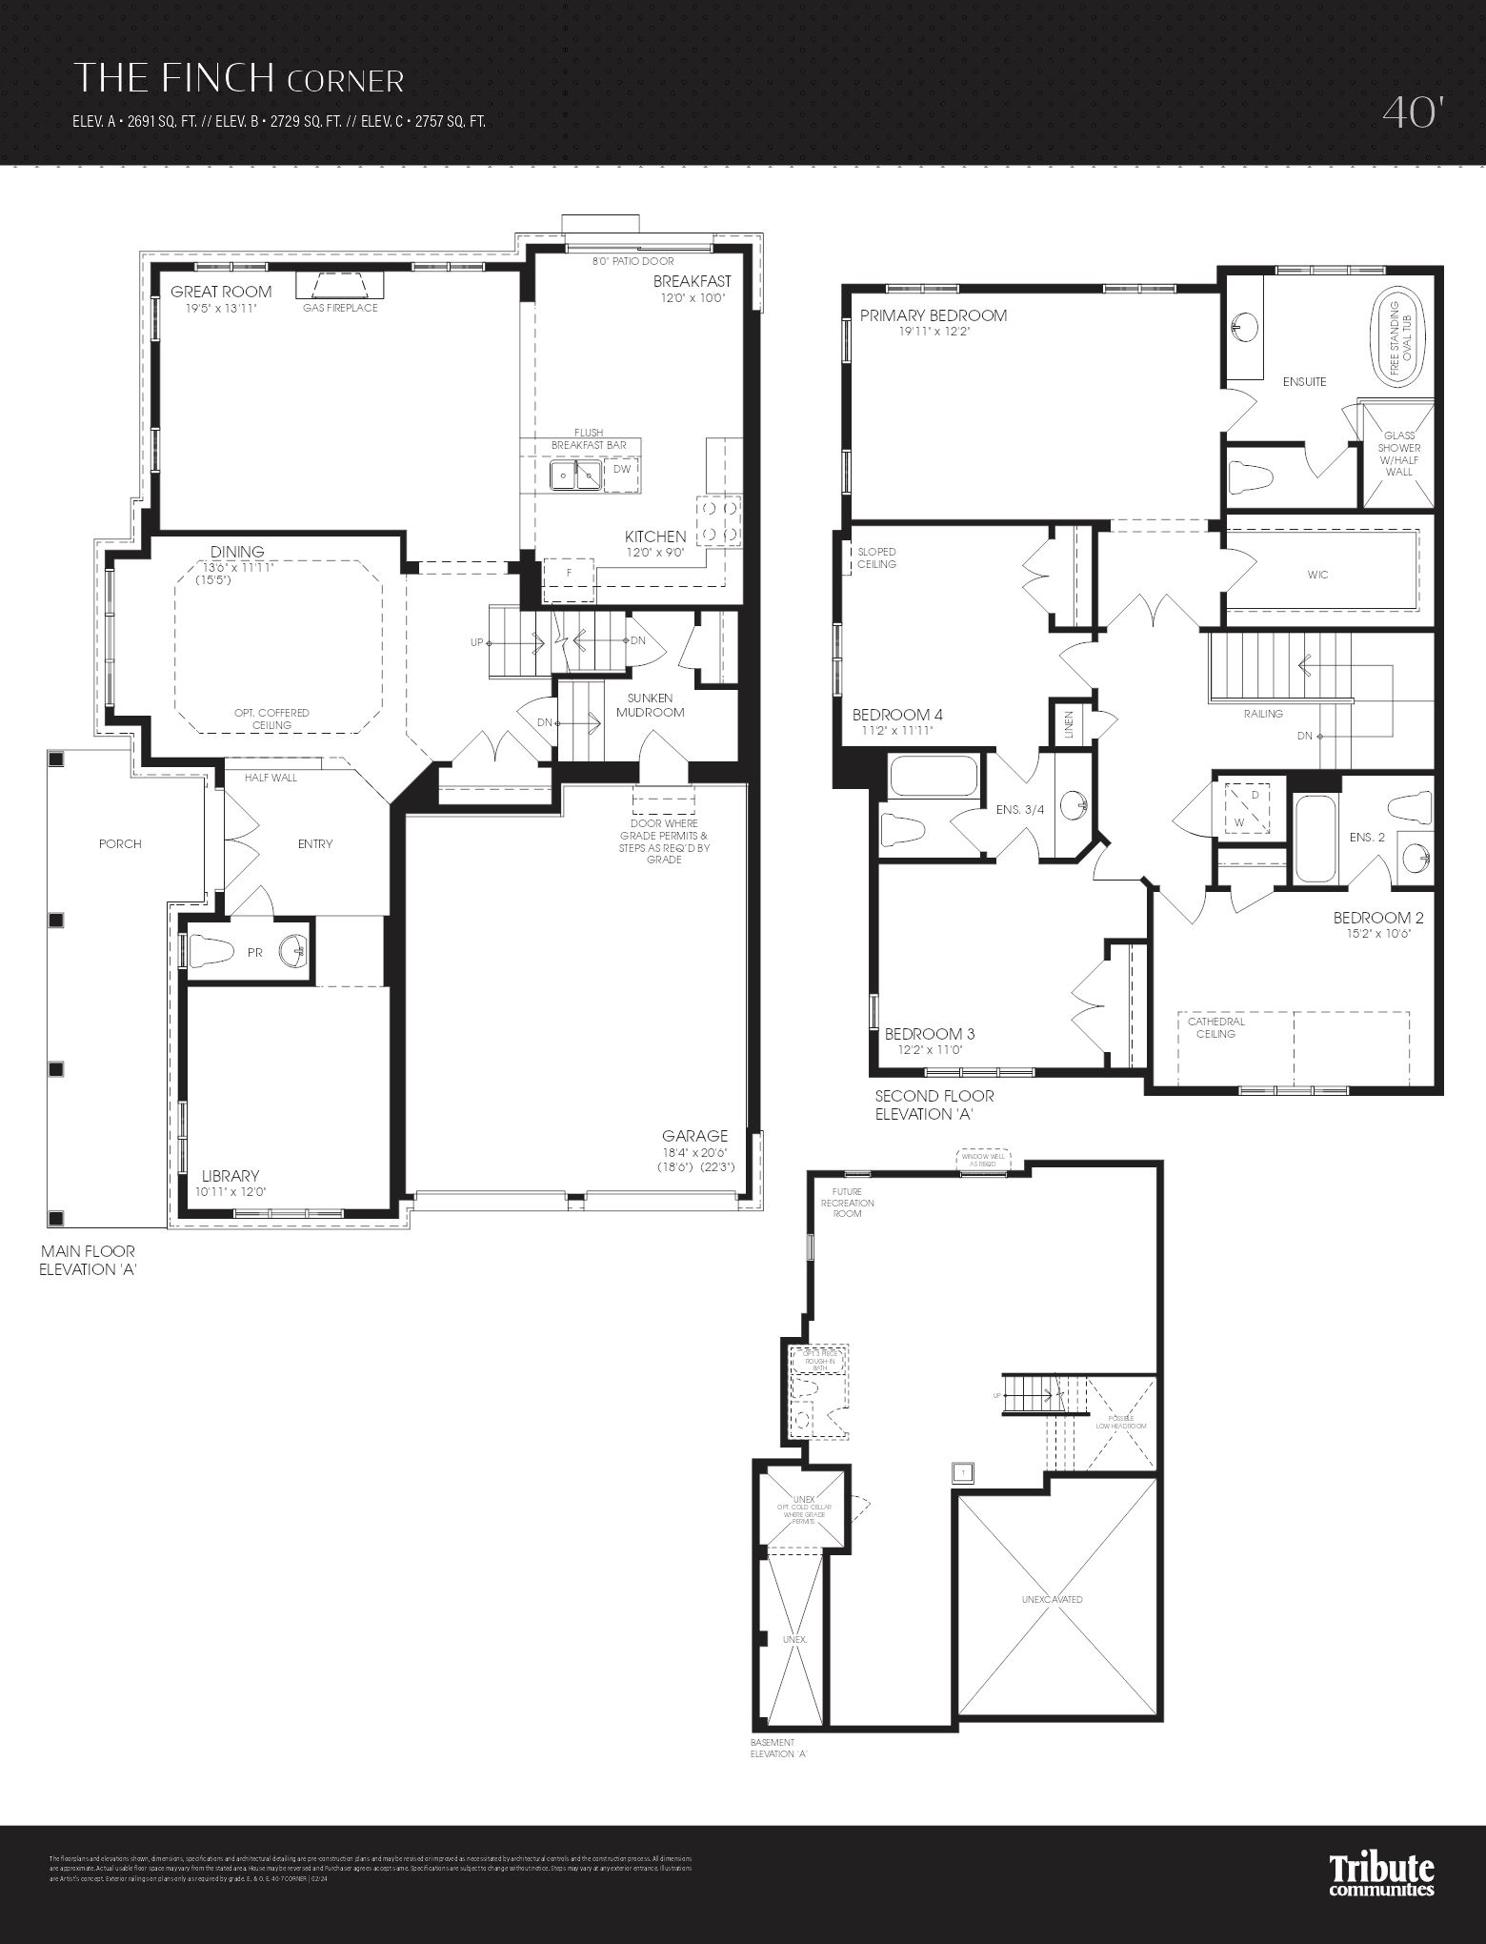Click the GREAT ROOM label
point(221,292)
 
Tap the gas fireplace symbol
point(339,285)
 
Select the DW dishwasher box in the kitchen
point(621,470)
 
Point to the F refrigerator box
point(568,573)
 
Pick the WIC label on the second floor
point(1317,575)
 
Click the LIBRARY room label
point(231,1176)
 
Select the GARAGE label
point(695,1136)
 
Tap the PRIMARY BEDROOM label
point(934,315)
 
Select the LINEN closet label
point(1069,725)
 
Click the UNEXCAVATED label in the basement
point(1052,1599)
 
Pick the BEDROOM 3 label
point(930,1034)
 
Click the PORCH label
point(120,843)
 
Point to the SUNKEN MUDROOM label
point(651,705)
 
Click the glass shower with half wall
point(1398,454)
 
